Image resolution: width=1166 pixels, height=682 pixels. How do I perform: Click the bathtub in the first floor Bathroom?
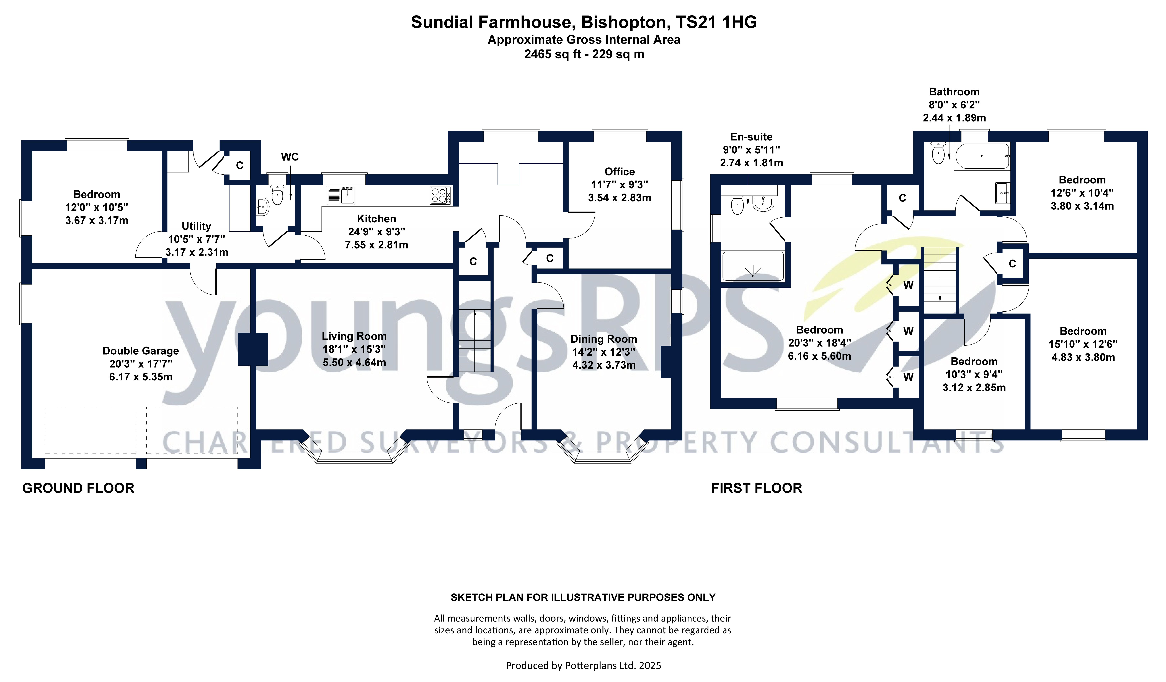coord(982,156)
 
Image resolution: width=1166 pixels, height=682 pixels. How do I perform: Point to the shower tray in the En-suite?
coord(753,266)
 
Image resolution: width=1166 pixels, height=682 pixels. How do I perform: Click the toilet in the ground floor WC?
coord(277,194)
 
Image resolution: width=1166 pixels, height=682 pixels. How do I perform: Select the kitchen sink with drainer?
coord(341,195)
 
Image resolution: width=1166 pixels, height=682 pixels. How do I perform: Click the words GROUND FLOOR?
coord(78,488)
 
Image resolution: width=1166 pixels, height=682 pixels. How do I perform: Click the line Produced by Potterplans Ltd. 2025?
coord(583,665)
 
